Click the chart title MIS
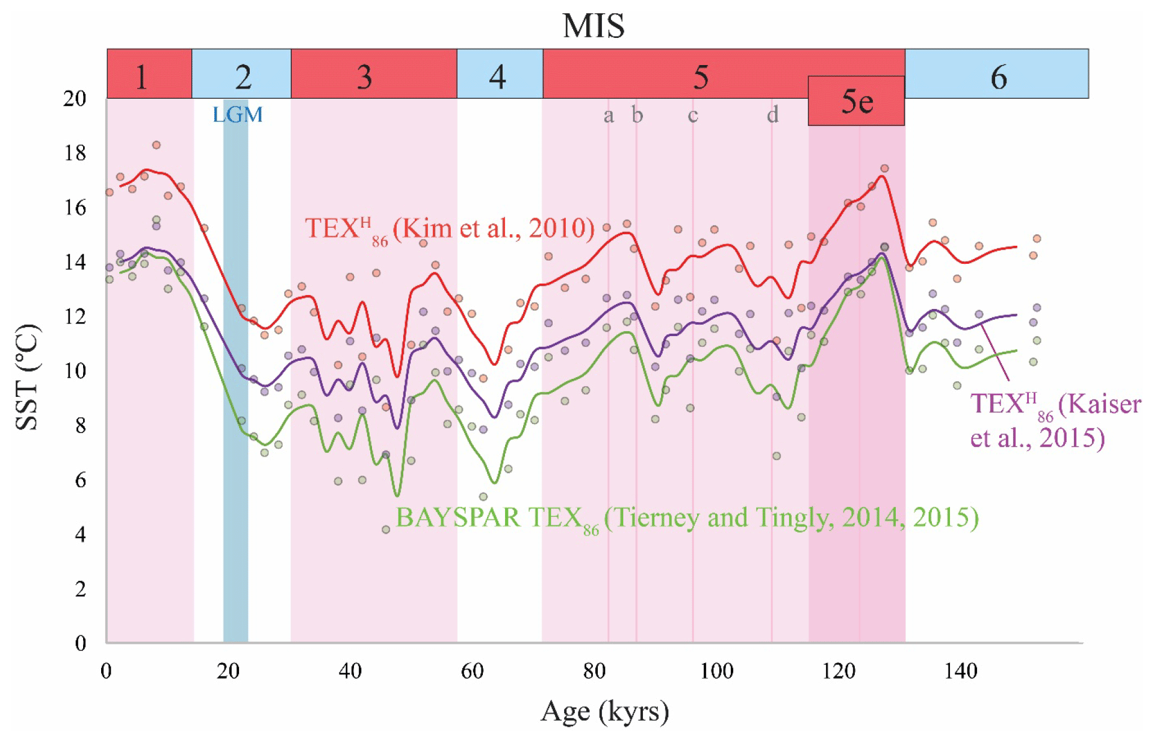[593, 26]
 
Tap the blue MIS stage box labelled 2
[241, 74]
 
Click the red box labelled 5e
[856, 101]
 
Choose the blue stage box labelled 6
[997, 74]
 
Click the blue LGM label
[238, 114]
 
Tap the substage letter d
[772, 114]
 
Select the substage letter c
[693, 114]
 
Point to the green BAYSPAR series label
[687, 519]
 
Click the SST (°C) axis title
[28, 377]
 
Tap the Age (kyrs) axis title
[604, 712]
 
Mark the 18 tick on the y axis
[75, 153]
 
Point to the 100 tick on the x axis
[716, 671]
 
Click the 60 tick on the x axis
[472, 671]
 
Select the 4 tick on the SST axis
[80, 534]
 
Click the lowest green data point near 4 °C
[386, 530]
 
